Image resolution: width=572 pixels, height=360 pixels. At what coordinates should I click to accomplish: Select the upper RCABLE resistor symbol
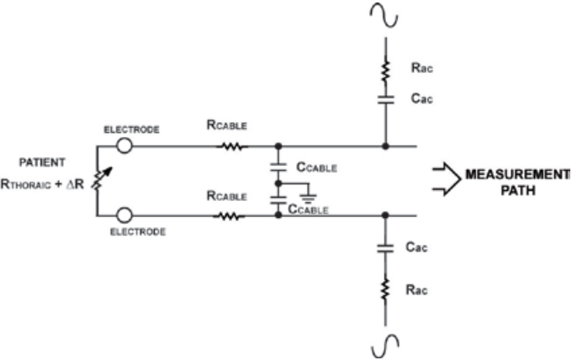tap(232, 146)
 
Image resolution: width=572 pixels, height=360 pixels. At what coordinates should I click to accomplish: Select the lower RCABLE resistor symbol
tap(229, 216)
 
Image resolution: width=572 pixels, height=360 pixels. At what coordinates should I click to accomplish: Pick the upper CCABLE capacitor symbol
tap(278, 167)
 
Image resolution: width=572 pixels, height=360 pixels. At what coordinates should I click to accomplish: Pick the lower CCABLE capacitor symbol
tap(278, 200)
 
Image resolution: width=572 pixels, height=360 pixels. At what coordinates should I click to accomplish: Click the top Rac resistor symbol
tap(385, 72)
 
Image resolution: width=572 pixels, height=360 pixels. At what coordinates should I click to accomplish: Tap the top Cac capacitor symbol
tap(385, 100)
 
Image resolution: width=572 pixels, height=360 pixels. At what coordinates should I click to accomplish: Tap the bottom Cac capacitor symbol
tap(385, 249)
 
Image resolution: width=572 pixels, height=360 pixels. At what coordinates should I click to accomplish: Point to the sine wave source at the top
tap(384, 15)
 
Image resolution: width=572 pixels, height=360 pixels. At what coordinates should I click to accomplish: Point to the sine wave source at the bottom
tap(385, 347)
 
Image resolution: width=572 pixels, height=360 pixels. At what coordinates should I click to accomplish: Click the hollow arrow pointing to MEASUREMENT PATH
tap(447, 179)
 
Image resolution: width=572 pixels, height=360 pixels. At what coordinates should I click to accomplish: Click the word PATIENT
tap(42, 162)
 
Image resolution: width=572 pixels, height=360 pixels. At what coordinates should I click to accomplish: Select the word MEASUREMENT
tap(518, 175)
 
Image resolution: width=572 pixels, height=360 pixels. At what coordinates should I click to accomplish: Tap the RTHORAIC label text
tap(25, 184)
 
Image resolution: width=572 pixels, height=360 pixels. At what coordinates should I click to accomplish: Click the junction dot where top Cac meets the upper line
tap(385, 146)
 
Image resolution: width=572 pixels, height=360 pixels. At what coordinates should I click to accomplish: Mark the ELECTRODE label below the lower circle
tap(138, 232)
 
